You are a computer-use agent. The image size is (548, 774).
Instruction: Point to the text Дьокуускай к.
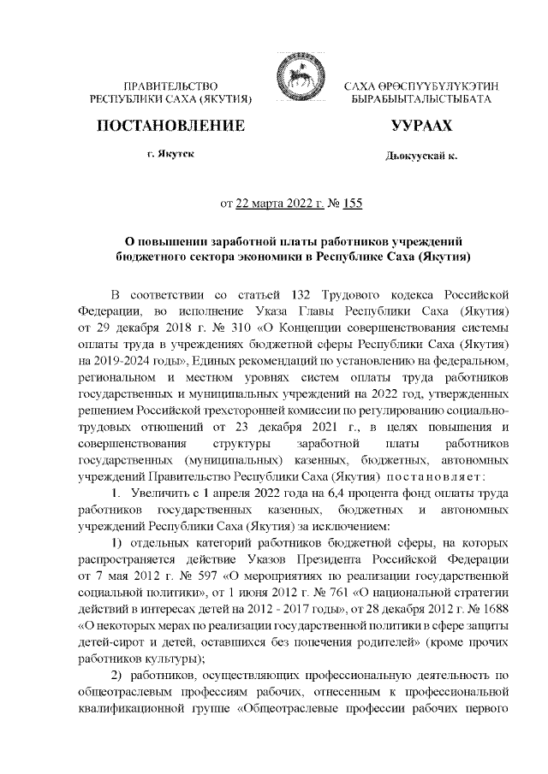coord(421,157)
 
